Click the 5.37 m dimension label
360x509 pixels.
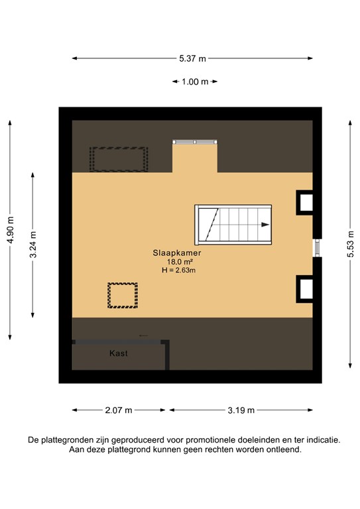(x=192, y=58)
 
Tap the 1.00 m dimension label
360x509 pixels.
(x=195, y=82)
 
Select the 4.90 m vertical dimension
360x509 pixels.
(x=10, y=229)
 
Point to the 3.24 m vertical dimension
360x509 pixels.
(x=33, y=243)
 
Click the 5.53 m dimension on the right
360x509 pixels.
(x=350, y=243)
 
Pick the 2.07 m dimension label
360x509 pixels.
(x=119, y=410)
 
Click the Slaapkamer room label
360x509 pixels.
(x=176, y=253)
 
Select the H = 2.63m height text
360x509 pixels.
(x=178, y=270)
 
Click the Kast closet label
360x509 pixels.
(x=119, y=353)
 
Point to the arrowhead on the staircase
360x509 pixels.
(x=265, y=225)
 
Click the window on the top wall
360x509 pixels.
(x=194, y=142)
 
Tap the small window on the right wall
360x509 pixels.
(x=316, y=247)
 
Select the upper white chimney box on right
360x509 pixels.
(x=305, y=203)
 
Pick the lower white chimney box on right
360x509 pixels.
(x=305, y=288)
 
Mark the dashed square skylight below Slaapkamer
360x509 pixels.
(x=123, y=295)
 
